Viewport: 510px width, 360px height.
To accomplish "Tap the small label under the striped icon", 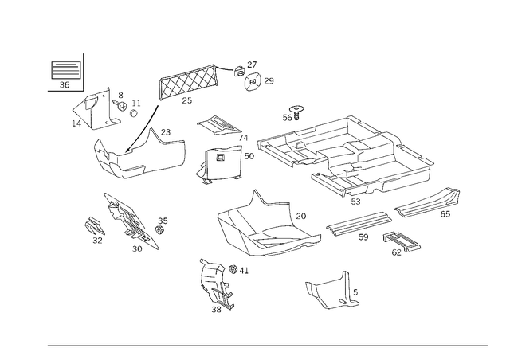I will tap(65, 83).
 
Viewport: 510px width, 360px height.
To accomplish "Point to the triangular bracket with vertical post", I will tap(331, 292).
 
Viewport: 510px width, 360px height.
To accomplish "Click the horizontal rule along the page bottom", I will tap(267, 346).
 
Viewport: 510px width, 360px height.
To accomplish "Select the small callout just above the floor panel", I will tap(296, 109).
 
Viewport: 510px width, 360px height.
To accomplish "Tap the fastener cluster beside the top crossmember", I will tap(253, 76).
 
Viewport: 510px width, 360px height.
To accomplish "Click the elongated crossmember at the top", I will tap(189, 81).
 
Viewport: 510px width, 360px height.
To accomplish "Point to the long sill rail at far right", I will tap(429, 203).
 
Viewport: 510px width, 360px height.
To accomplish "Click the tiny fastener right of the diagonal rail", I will tap(163, 225).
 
